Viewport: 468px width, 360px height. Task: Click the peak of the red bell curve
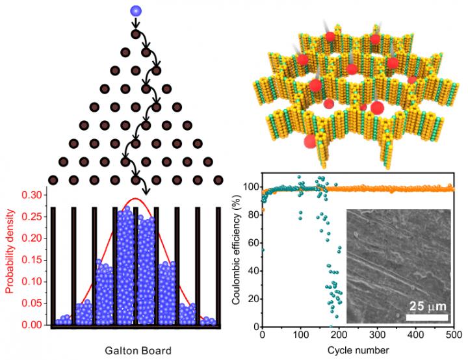[135, 199]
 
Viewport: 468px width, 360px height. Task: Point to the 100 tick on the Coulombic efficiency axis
[251, 186]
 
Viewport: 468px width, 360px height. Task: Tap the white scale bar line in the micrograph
[427, 316]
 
